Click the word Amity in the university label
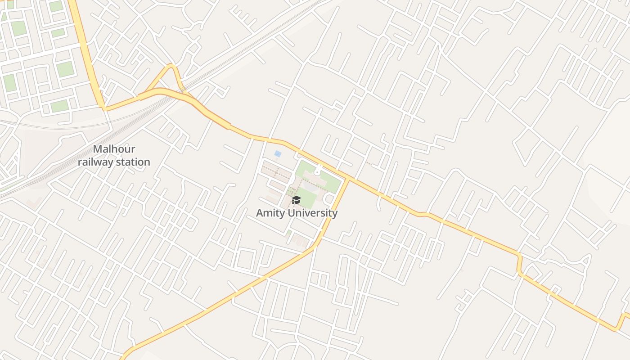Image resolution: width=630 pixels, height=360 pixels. (x=270, y=213)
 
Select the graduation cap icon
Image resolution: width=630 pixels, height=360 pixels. (x=296, y=200)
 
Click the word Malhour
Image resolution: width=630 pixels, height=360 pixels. (x=114, y=149)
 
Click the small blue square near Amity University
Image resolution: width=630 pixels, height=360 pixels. (x=278, y=154)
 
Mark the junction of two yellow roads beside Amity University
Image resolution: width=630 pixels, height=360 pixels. (x=348, y=180)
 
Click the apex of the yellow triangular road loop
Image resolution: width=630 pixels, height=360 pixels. (x=171, y=66)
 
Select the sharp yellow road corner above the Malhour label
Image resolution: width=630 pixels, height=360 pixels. (x=104, y=108)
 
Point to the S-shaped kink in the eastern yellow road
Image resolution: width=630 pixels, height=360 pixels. (x=520, y=263)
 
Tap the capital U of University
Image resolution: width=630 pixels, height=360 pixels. (x=291, y=213)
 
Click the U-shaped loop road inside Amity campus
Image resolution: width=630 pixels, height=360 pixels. (x=329, y=198)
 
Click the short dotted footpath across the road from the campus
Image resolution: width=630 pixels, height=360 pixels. (x=369, y=164)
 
